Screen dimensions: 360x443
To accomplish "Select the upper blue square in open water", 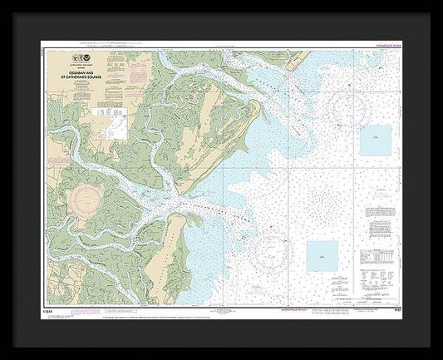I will pos(376,141).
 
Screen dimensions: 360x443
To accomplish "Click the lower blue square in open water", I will pos(322,255).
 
